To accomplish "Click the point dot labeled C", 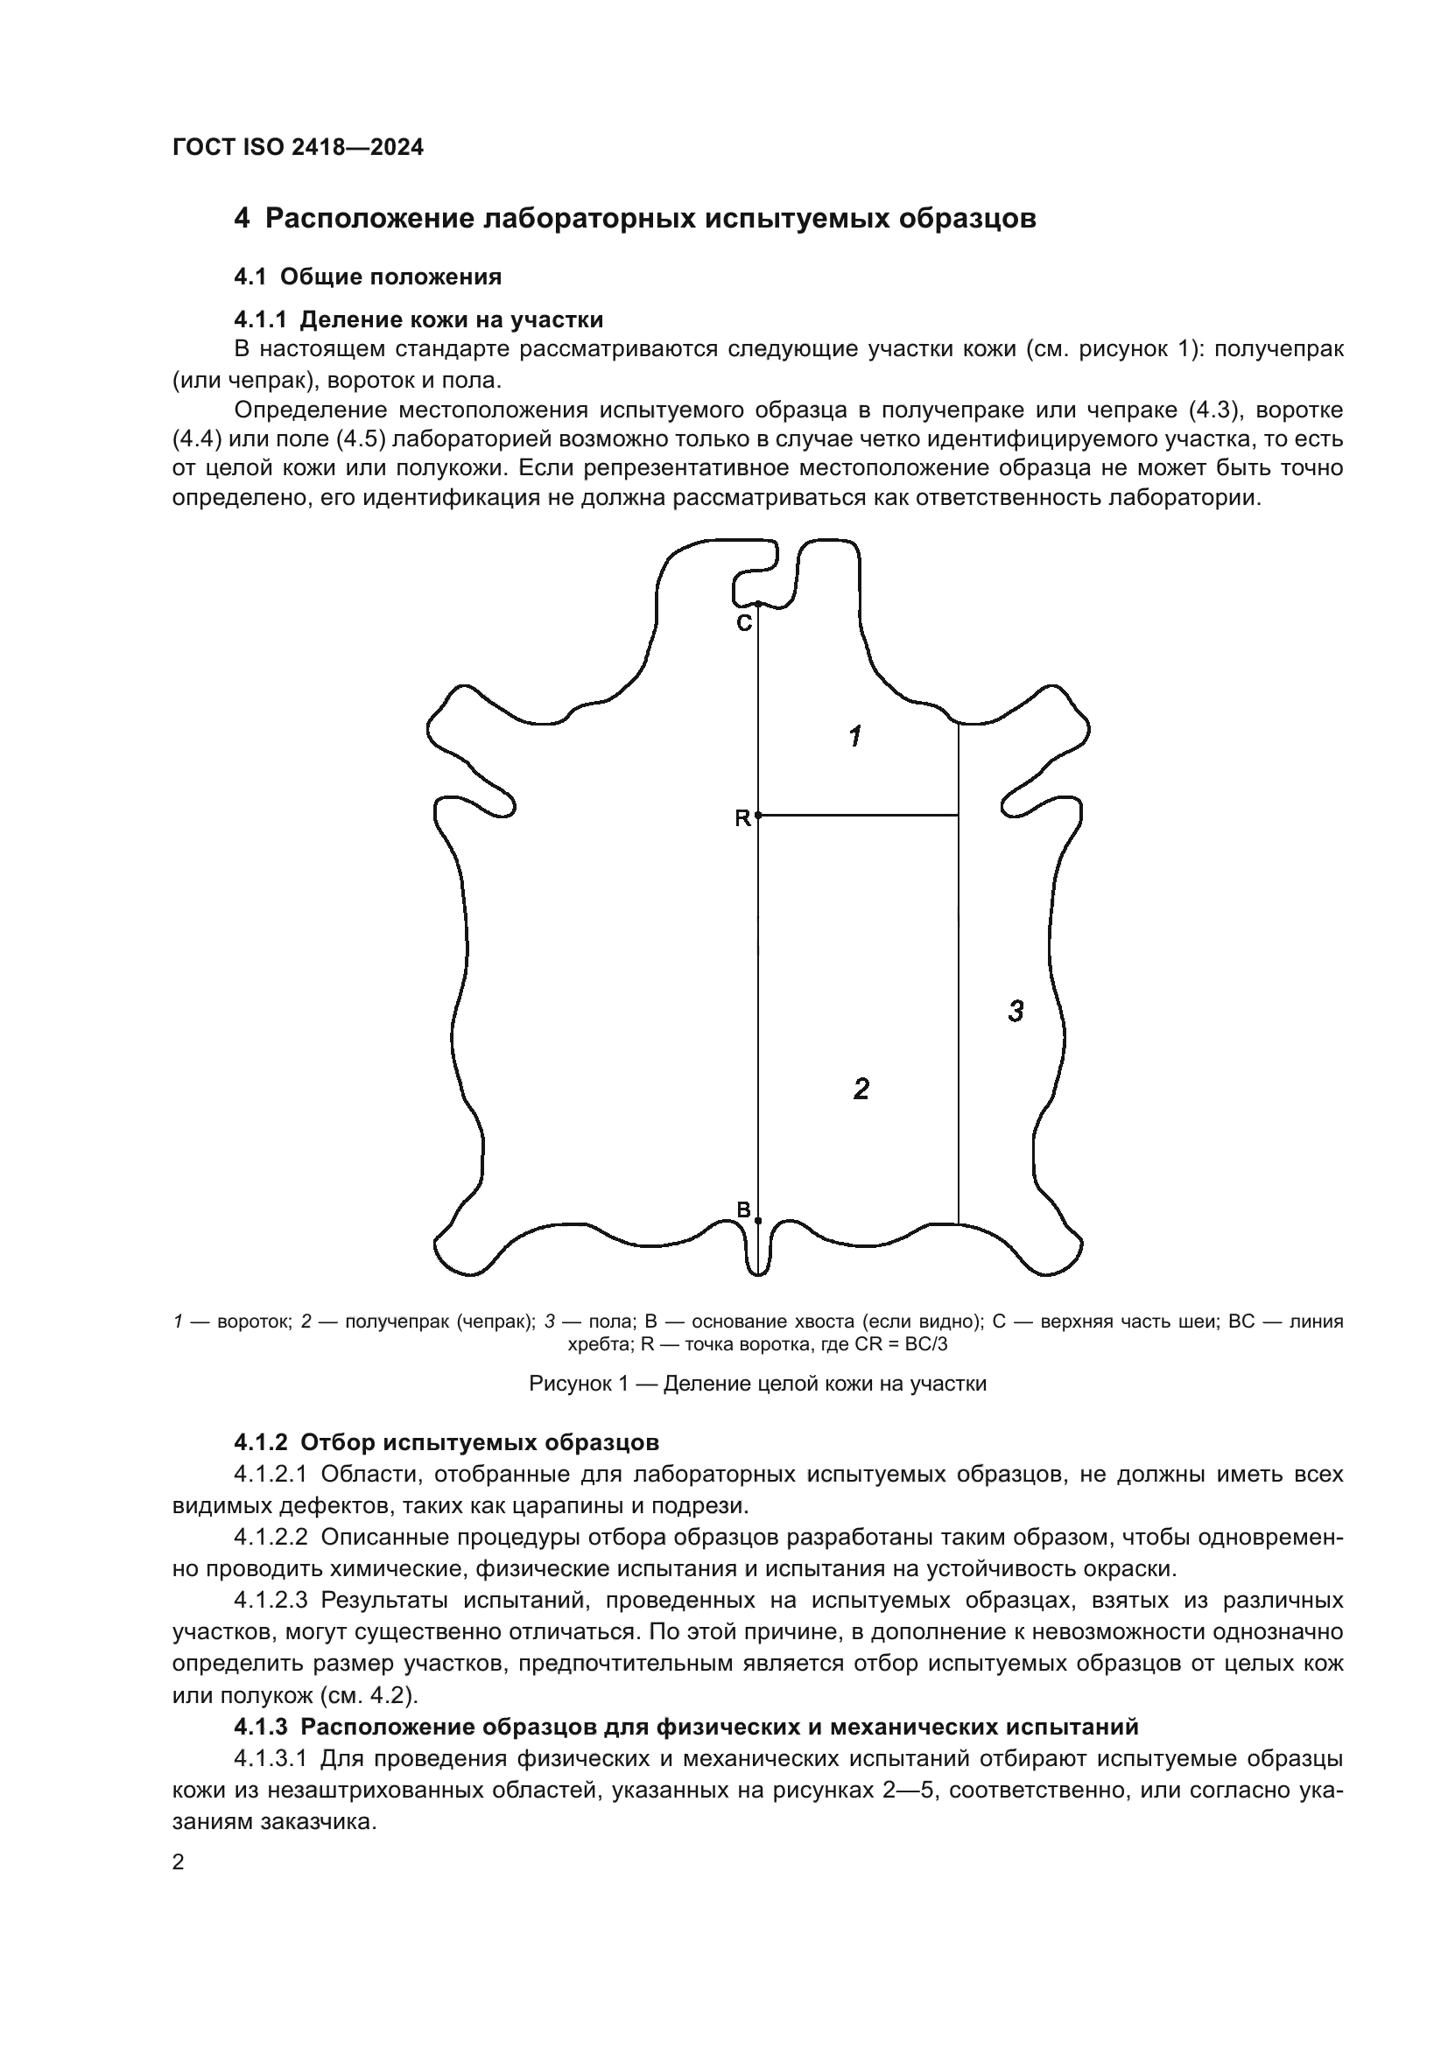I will (x=758, y=604).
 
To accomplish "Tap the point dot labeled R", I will (x=758, y=815).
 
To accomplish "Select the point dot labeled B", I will (x=758, y=1221).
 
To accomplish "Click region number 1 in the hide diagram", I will (x=855, y=736).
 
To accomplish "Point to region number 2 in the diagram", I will (x=861, y=1089).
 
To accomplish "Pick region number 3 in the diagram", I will (x=1016, y=1011).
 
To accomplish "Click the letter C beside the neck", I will (x=743, y=623).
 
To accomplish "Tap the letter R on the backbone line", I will (x=742, y=818).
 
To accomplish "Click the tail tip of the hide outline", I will (x=758, y=1273).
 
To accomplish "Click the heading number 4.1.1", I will (x=261, y=319).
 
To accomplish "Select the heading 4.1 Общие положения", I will (x=368, y=277).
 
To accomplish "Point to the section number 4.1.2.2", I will (x=271, y=1537).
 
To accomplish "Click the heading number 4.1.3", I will (x=261, y=1727).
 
